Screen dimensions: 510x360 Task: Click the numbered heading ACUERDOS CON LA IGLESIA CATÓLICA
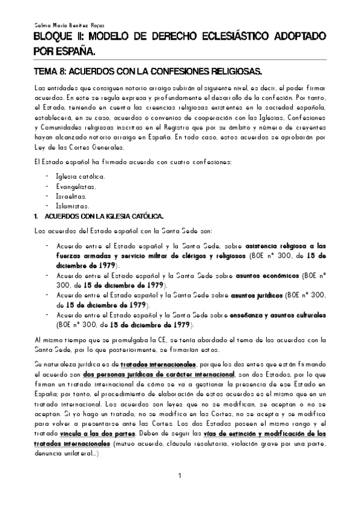click(x=96, y=215)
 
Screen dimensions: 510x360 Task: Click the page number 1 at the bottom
click(x=180, y=478)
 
